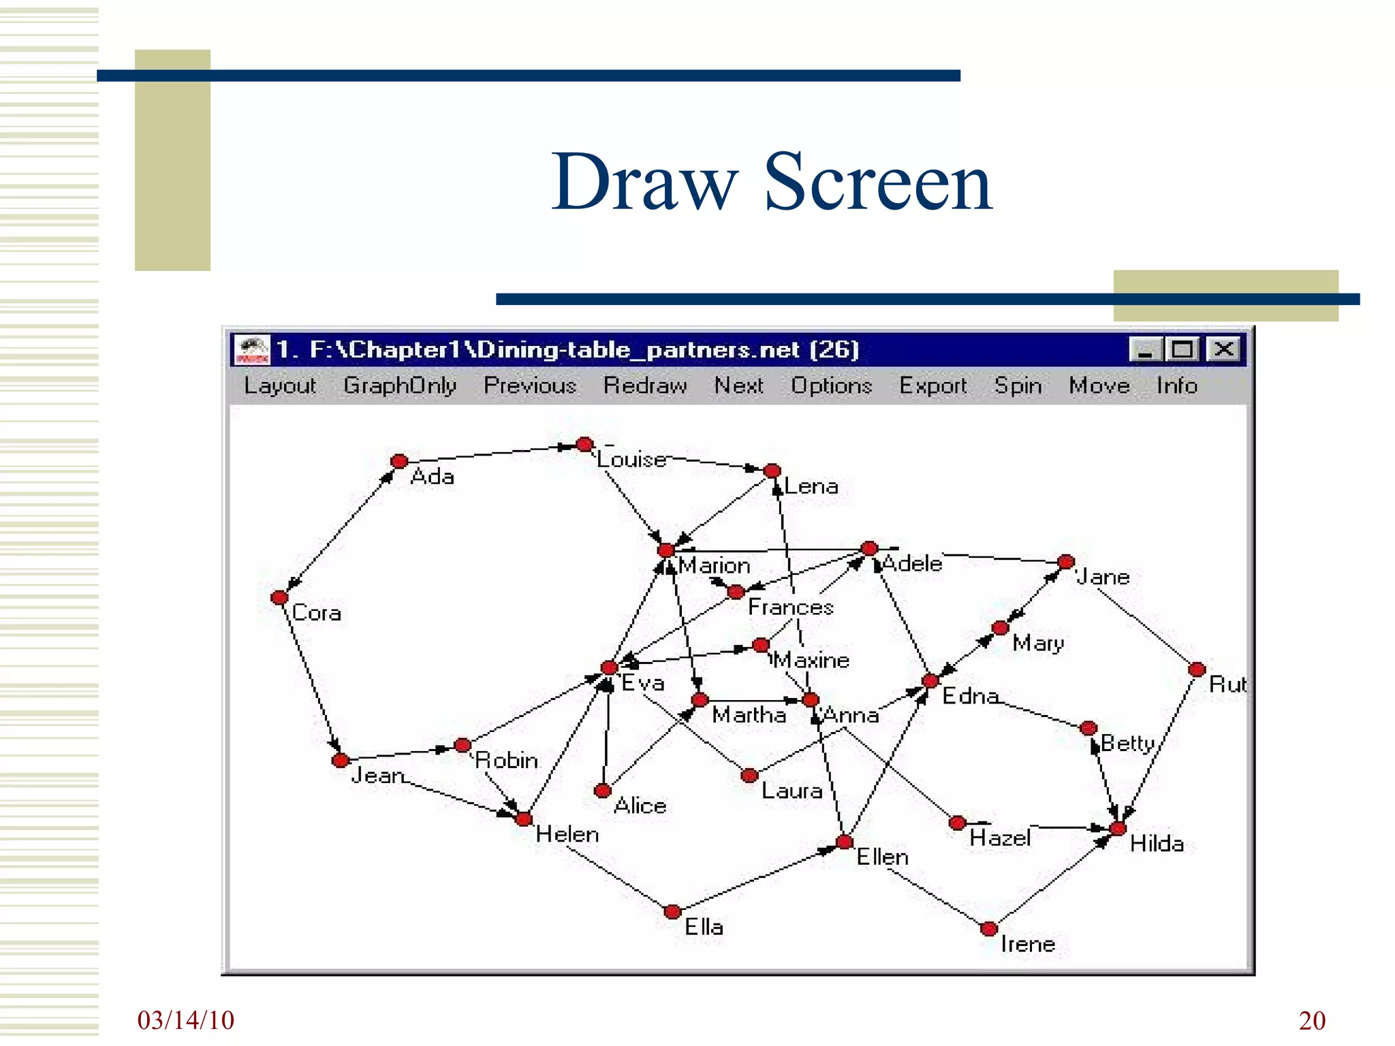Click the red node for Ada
(x=399, y=462)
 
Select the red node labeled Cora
(x=279, y=598)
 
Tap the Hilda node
(x=1118, y=828)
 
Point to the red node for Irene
(x=989, y=928)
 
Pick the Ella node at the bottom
(x=672, y=912)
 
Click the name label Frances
(x=790, y=607)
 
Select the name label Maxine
(x=812, y=660)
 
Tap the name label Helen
(x=567, y=834)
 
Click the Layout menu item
(x=280, y=386)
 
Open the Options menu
(x=831, y=386)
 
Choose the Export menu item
(x=932, y=386)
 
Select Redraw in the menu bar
(x=645, y=386)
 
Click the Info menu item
(x=1176, y=386)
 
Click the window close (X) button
(x=1223, y=350)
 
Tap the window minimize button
(x=1144, y=350)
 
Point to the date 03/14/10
(x=185, y=1020)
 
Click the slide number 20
(x=1312, y=1021)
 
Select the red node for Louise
(x=584, y=445)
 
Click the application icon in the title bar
(x=252, y=350)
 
